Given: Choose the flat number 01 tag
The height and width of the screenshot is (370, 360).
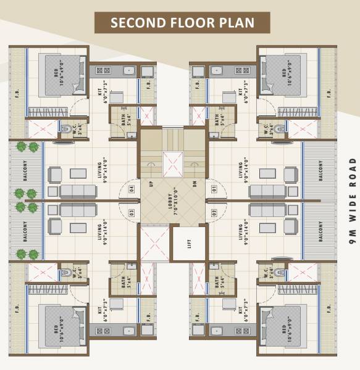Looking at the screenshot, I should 214,189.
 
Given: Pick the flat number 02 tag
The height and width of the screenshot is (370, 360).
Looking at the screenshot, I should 214,213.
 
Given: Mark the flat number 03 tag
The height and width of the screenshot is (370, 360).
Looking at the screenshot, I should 131,213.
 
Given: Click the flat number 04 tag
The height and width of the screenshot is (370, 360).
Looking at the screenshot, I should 131,189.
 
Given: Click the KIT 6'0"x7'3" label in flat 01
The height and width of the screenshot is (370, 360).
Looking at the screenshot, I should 243,92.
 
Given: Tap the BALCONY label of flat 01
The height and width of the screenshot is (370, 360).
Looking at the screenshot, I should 322,172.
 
